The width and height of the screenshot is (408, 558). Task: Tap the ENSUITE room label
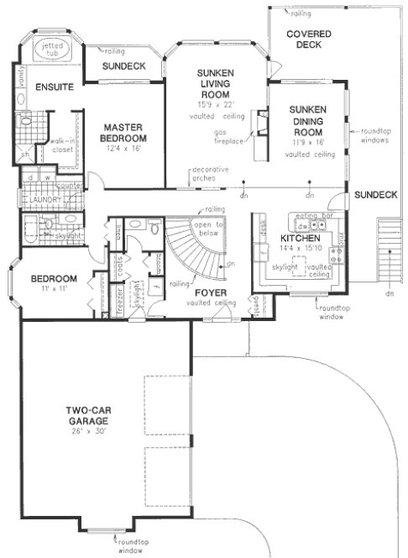[54, 87]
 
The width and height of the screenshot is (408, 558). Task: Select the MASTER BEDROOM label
[123, 132]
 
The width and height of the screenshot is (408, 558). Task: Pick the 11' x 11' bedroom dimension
[54, 289]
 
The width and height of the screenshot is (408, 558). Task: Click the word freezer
[119, 297]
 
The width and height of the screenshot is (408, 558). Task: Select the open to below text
[207, 229]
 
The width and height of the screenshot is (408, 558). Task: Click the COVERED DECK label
[309, 39]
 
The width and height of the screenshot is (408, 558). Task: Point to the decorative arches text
[210, 174]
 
